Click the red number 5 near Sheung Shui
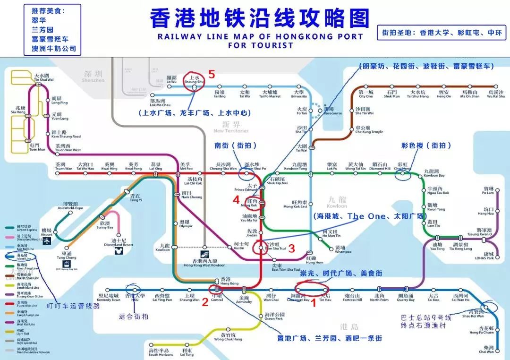click(x=212, y=74)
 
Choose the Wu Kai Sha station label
click(x=496, y=94)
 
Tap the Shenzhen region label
click(x=93, y=77)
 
